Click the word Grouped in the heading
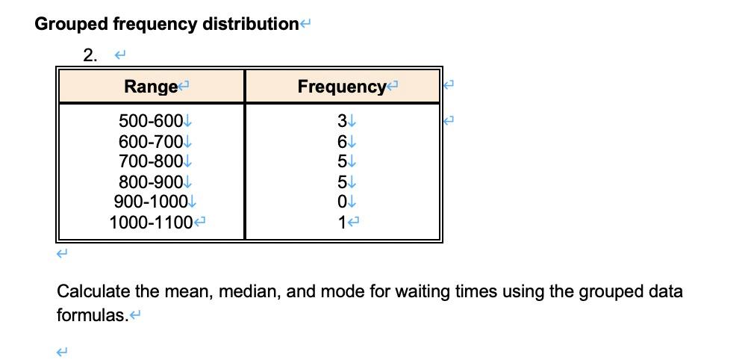[x=71, y=24]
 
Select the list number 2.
[x=90, y=55]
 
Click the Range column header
[x=150, y=87]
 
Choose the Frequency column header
[x=341, y=87]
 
